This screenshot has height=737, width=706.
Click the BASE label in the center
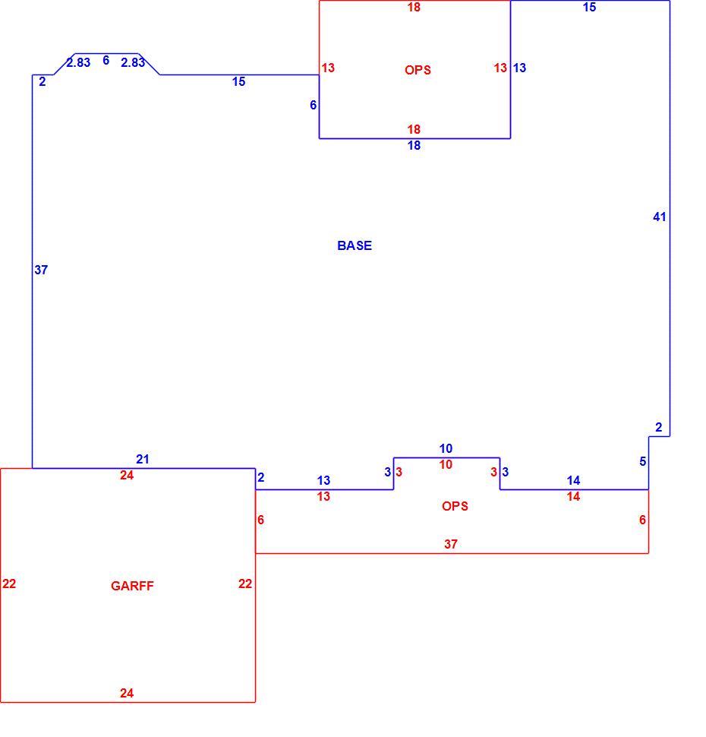click(x=355, y=245)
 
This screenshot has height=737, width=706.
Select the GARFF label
click(x=132, y=586)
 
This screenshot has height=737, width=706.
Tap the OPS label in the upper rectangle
click(x=418, y=70)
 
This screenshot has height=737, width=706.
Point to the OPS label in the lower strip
click(x=455, y=506)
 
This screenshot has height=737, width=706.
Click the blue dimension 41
click(x=660, y=217)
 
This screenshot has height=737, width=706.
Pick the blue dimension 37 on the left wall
click(x=41, y=270)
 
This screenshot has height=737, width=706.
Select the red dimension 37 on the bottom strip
click(x=450, y=544)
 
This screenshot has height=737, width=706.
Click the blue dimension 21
click(x=142, y=459)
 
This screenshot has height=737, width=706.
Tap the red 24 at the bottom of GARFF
click(x=126, y=693)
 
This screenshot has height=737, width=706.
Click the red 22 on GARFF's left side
click(x=9, y=584)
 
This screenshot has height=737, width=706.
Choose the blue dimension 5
click(x=642, y=461)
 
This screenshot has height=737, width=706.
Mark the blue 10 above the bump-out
click(x=446, y=448)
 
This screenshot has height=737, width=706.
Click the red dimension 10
click(x=446, y=464)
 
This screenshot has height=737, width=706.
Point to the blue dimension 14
click(x=573, y=480)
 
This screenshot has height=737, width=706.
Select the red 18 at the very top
click(x=414, y=7)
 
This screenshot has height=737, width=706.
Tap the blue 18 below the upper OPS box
click(x=414, y=145)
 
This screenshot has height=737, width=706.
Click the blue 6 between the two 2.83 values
click(x=106, y=60)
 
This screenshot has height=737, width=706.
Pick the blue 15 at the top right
click(x=589, y=7)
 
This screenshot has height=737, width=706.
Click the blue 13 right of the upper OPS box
click(x=519, y=68)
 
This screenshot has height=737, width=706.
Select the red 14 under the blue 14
click(x=573, y=496)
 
